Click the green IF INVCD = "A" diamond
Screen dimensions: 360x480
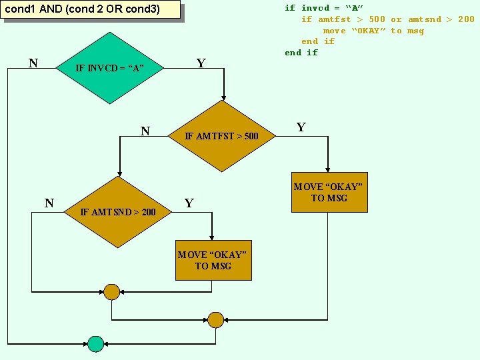(x=109, y=67)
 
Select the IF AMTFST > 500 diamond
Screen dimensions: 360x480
(x=221, y=136)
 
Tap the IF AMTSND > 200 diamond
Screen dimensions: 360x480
(x=118, y=212)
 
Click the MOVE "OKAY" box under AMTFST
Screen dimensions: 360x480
(x=329, y=193)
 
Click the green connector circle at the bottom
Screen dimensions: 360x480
(x=96, y=343)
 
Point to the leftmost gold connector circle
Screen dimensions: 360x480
(x=111, y=292)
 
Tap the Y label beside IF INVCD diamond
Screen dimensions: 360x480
(x=201, y=63)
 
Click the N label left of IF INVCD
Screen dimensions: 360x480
(x=33, y=63)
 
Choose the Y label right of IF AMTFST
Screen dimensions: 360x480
(x=301, y=127)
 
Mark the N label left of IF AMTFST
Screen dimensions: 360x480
(x=145, y=131)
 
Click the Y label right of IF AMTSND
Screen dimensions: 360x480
(x=189, y=203)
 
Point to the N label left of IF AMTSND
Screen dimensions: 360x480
(x=49, y=203)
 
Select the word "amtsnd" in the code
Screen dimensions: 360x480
(x=425, y=19)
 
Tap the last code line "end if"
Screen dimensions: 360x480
(x=301, y=53)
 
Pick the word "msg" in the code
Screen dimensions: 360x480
(x=415, y=31)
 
